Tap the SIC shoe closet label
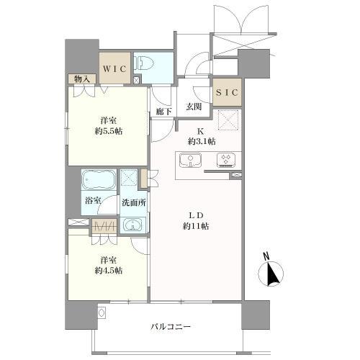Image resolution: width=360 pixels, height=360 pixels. [228, 93]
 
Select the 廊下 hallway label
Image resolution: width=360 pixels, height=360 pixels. [164, 112]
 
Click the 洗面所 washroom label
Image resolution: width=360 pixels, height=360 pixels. [135, 202]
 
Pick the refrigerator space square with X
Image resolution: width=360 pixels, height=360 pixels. [227, 120]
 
